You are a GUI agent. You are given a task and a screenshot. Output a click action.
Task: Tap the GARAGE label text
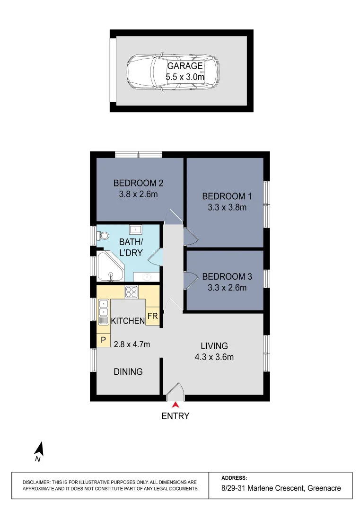tap(185, 66)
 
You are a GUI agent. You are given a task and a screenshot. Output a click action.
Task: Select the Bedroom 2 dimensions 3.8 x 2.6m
tap(139, 194)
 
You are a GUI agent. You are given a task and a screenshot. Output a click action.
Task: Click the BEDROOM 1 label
tap(224, 196)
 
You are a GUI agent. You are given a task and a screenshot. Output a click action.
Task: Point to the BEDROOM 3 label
tap(224, 276)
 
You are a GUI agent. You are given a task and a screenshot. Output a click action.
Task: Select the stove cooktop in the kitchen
tap(131, 292)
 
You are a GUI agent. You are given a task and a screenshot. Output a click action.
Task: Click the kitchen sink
tap(104, 312)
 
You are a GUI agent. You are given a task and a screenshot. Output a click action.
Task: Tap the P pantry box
tap(103, 340)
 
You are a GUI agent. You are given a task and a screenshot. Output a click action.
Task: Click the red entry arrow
tap(176, 405)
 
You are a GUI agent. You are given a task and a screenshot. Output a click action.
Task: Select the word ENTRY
tap(176, 416)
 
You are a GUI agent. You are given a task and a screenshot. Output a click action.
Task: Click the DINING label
tap(128, 372)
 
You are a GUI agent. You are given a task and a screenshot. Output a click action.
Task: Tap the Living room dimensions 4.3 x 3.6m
tap(214, 357)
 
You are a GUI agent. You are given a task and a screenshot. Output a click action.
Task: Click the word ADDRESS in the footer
tap(234, 478)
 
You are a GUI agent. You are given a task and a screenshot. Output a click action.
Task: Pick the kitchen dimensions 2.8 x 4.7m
tap(132, 344)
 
